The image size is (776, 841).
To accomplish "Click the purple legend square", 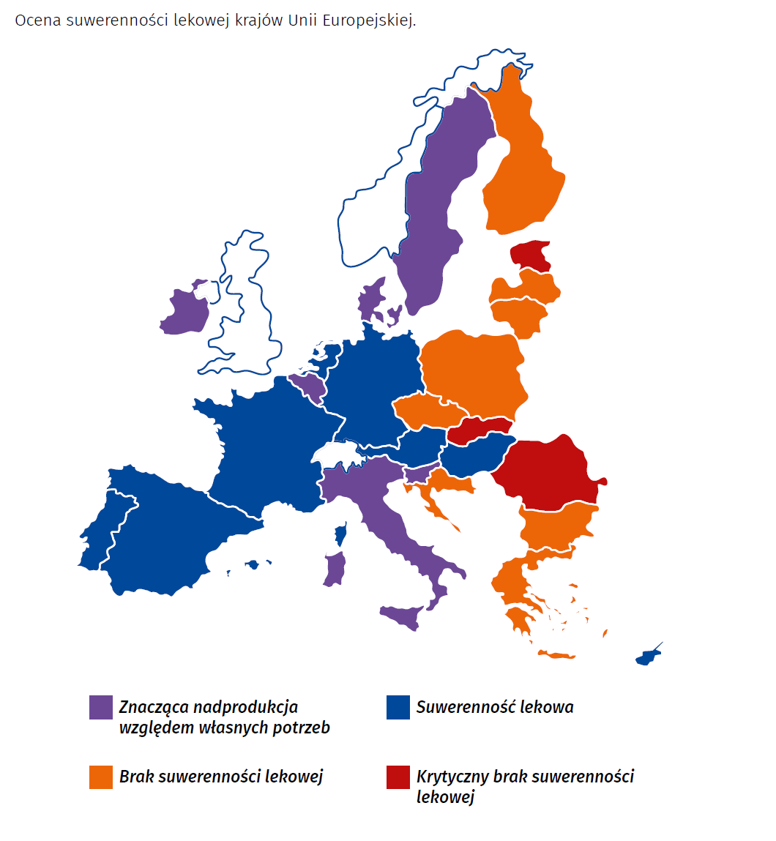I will coord(101,707).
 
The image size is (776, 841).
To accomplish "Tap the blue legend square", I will coord(398,707).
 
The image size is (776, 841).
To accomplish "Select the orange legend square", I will coord(101,777).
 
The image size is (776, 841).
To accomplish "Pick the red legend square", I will coord(398,777).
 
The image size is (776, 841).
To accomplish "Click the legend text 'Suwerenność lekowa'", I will coord(495,707).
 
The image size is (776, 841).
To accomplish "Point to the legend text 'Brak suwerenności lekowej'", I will coord(221,777).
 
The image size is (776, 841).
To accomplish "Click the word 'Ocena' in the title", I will coord(37,20).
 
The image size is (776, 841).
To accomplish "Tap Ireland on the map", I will coord(184,311).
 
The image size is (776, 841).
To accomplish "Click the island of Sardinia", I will coord(335,569).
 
